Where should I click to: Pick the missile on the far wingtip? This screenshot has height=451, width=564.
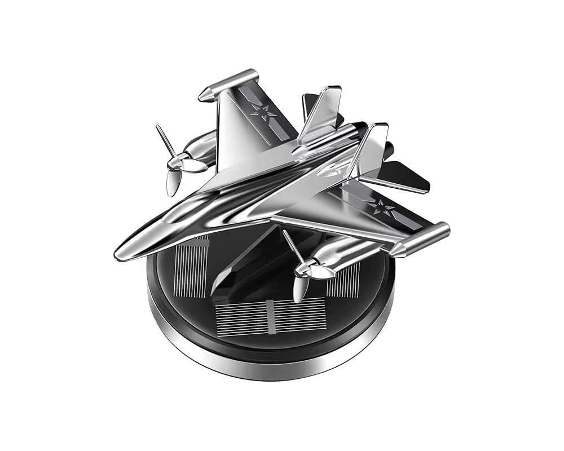click(x=228, y=85)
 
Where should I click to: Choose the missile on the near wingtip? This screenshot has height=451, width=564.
click(x=420, y=240)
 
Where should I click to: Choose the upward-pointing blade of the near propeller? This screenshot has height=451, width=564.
click(x=291, y=245)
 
